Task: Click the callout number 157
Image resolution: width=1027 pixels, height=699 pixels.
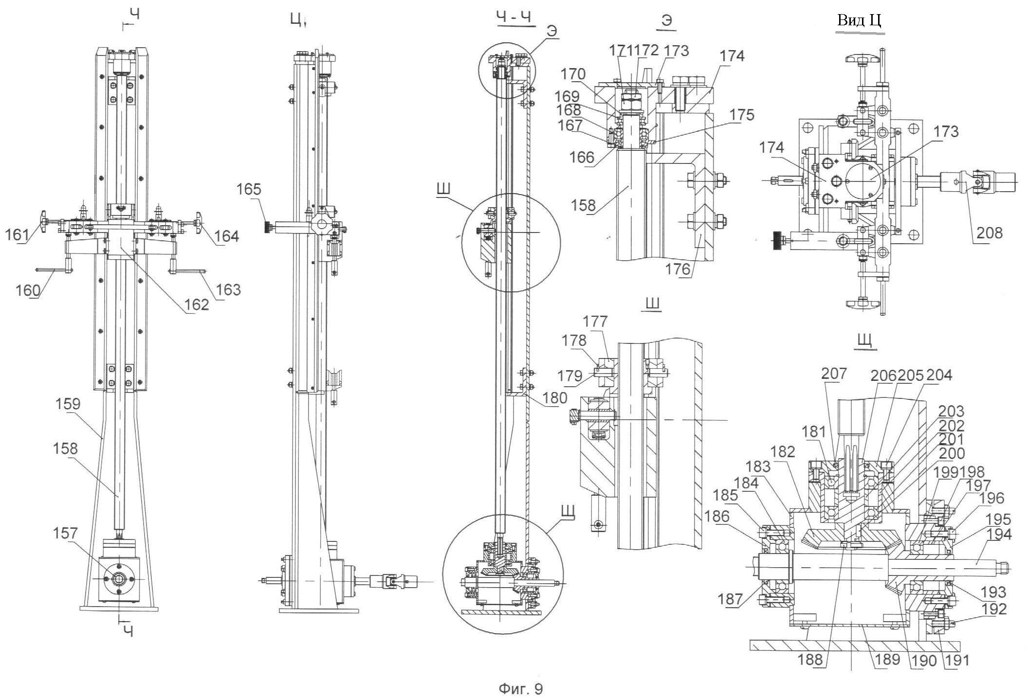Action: (x=65, y=533)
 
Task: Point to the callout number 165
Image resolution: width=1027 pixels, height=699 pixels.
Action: (x=249, y=189)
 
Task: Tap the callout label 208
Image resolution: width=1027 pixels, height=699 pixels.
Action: (x=989, y=233)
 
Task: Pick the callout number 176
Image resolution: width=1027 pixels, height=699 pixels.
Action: (x=679, y=268)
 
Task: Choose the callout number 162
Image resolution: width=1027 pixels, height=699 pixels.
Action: (x=197, y=304)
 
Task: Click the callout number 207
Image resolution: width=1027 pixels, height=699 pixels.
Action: (x=834, y=374)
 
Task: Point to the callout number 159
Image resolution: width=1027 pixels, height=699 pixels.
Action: (x=68, y=404)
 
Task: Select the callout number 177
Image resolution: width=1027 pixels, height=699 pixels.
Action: (x=595, y=321)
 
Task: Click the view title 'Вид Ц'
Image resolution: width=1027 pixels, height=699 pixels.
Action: (x=859, y=20)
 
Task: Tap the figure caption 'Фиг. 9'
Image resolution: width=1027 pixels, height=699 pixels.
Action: (x=521, y=689)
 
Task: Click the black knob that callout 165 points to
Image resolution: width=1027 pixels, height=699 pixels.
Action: (x=267, y=227)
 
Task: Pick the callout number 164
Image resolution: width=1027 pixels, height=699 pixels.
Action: (x=227, y=236)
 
